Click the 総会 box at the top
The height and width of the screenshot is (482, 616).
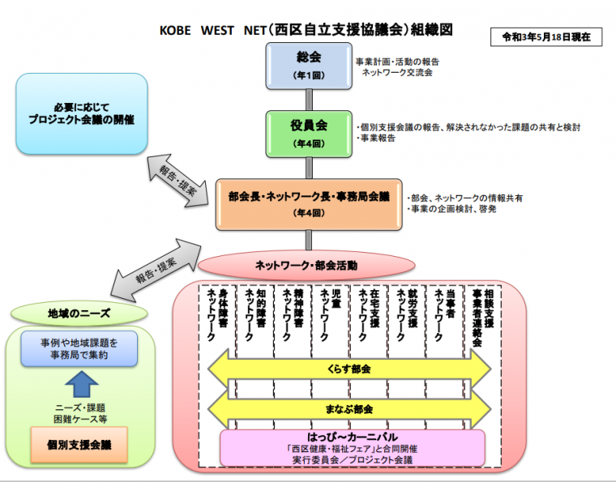tap(308, 66)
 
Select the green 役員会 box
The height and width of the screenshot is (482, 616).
tap(308, 133)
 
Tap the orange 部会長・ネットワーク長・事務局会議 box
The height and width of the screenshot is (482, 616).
tap(308, 203)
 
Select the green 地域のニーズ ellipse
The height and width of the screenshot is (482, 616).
tap(79, 313)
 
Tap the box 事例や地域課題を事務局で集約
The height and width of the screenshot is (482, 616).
tap(79, 348)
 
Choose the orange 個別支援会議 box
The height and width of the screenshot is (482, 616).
tap(79, 445)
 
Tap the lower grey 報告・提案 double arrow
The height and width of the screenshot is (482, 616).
tap(157, 264)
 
